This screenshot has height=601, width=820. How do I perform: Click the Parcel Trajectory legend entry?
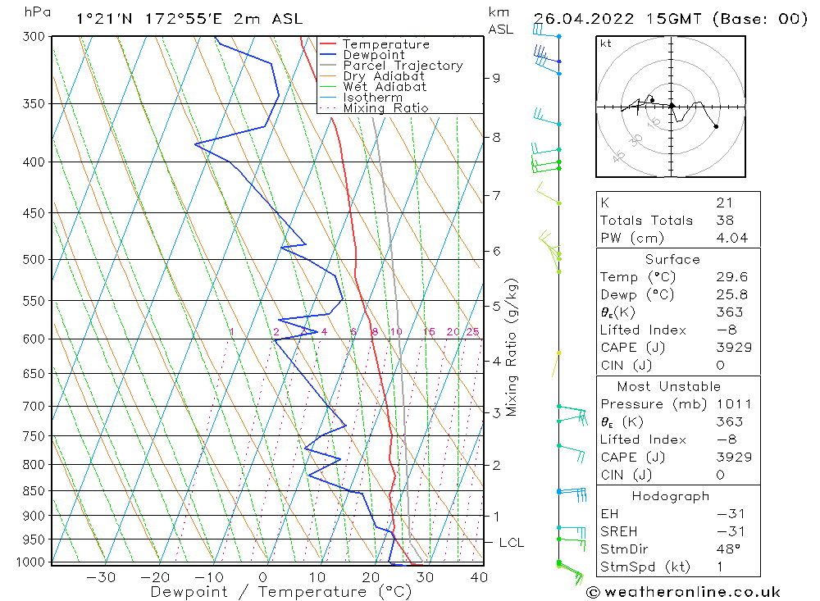[x=402, y=66]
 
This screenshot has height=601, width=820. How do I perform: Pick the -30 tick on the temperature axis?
[x=101, y=577]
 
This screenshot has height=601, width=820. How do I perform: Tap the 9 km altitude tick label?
[x=496, y=78]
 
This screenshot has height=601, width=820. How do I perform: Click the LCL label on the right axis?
[x=511, y=543]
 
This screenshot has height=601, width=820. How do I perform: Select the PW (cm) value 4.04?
[x=731, y=238]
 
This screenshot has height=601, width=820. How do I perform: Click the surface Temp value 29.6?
[x=731, y=277]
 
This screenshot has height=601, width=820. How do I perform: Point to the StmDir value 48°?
[x=727, y=549]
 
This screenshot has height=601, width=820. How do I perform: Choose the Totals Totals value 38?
[x=725, y=220]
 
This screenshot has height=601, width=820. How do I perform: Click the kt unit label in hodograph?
[x=605, y=43]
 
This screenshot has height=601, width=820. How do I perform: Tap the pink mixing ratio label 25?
[x=472, y=331]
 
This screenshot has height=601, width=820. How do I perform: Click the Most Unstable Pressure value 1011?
[x=731, y=404]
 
